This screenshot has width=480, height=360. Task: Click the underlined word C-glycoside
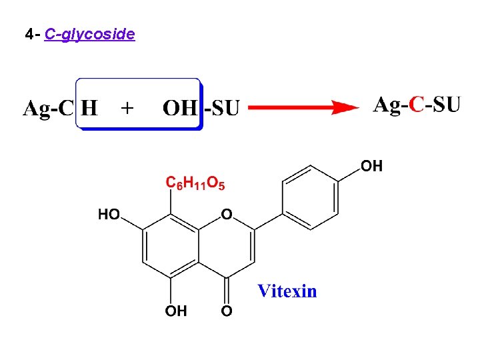click(89, 33)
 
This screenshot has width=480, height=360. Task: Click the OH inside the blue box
click(180, 109)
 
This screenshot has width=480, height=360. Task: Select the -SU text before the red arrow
click(221, 109)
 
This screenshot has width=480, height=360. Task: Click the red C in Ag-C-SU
click(417, 105)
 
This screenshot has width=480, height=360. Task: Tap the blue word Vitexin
click(287, 291)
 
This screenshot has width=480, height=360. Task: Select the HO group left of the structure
click(109, 215)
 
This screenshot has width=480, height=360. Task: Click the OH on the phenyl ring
click(372, 166)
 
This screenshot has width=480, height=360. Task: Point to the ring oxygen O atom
click(227, 215)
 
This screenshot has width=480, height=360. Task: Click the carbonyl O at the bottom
click(227, 311)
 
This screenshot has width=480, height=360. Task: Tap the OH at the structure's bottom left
click(177, 311)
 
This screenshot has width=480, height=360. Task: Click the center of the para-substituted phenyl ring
click(311, 197)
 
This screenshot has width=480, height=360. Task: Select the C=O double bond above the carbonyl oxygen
click(227, 290)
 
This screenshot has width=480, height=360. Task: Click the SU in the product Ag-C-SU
click(445, 105)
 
